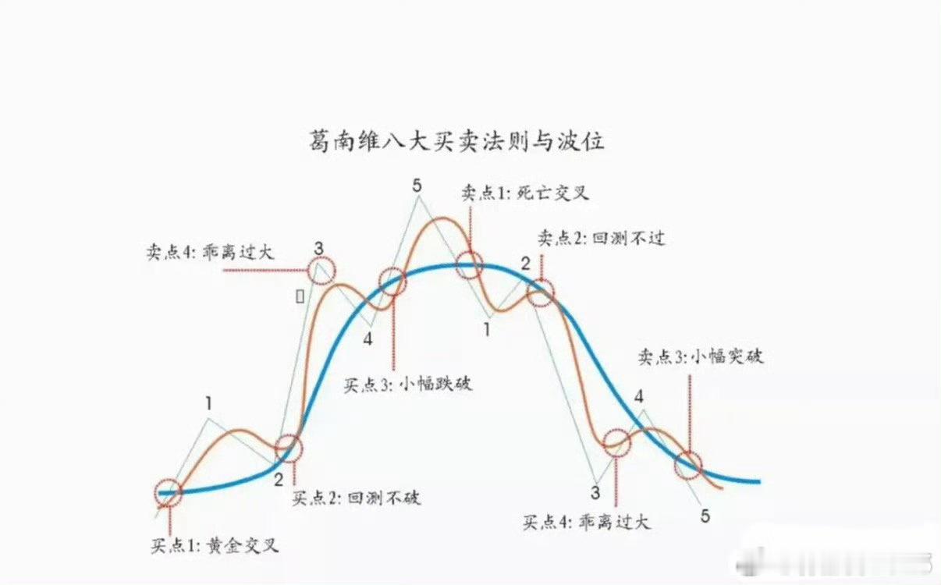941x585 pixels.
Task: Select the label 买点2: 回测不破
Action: tap(357, 497)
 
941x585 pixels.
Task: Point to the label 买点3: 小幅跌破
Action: tap(407, 384)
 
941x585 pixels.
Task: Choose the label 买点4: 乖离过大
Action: tap(586, 522)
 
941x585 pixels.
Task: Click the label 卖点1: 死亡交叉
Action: tap(524, 193)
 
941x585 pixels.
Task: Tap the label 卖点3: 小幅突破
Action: tap(700, 357)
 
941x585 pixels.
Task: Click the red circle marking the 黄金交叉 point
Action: tap(169, 493)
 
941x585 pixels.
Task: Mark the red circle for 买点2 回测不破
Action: tap(289, 448)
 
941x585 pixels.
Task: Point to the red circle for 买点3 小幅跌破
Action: tap(392, 282)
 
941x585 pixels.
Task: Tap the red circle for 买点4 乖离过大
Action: tap(616, 442)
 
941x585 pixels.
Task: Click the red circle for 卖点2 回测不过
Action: tap(540, 292)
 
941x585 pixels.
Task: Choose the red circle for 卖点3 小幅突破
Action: tap(689, 464)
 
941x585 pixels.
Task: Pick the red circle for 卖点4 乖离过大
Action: tap(321, 270)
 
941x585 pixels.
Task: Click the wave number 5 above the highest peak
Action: tap(417, 186)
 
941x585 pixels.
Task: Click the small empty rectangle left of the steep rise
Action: tap(299, 296)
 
